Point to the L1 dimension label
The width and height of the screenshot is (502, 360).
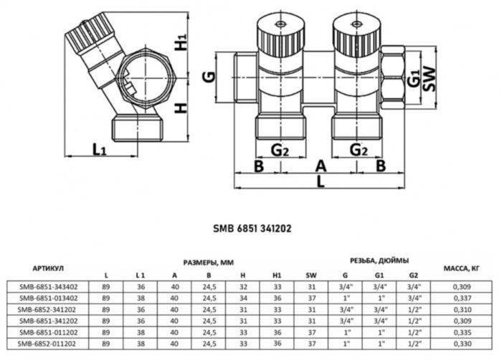click(x=100, y=150)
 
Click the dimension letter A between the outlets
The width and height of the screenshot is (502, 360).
click(x=321, y=166)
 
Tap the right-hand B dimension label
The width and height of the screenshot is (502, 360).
click(x=382, y=166)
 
